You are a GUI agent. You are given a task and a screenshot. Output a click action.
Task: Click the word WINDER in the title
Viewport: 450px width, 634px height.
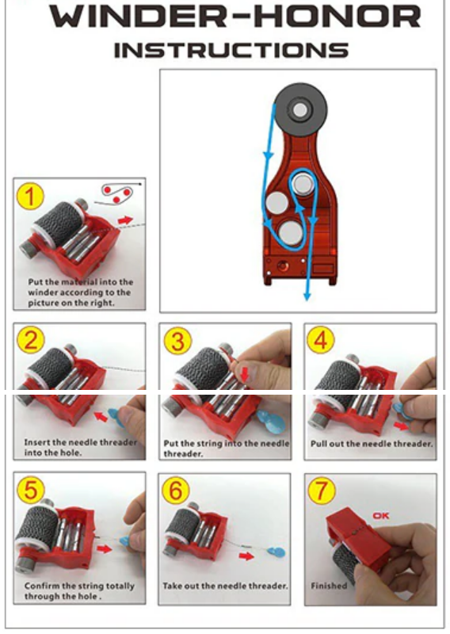(x=135, y=16)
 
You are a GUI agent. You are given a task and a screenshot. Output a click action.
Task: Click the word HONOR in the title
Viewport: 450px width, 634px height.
(x=337, y=16)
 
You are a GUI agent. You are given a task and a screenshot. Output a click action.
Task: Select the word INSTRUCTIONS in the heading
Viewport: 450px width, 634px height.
(x=231, y=51)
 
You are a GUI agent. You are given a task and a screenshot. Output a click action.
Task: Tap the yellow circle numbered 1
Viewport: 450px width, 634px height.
(x=30, y=196)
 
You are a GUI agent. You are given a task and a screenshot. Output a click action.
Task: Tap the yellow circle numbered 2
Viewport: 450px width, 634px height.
(x=30, y=340)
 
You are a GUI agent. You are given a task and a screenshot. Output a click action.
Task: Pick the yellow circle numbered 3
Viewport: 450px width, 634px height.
(x=177, y=341)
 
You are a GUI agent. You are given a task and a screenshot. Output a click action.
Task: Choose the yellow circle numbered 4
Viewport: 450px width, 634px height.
(x=321, y=340)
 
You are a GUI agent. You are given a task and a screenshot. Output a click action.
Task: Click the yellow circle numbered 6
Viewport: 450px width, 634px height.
(x=175, y=490)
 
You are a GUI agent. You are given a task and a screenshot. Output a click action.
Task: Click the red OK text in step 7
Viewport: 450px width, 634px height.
(x=380, y=516)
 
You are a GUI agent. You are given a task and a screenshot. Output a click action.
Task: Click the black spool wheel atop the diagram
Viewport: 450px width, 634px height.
(x=300, y=109)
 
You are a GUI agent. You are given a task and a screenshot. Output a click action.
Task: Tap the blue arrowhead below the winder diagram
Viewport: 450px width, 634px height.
(x=307, y=296)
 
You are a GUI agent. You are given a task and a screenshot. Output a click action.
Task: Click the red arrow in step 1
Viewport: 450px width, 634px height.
(x=126, y=220)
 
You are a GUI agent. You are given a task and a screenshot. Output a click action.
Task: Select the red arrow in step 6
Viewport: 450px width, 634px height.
(x=246, y=556)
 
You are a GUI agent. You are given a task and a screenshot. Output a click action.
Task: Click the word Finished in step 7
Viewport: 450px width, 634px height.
(x=329, y=586)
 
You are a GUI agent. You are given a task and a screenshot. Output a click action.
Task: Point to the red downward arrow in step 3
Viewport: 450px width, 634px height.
(x=245, y=373)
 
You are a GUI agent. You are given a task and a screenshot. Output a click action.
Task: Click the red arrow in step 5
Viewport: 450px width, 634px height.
(x=105, y=548)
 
